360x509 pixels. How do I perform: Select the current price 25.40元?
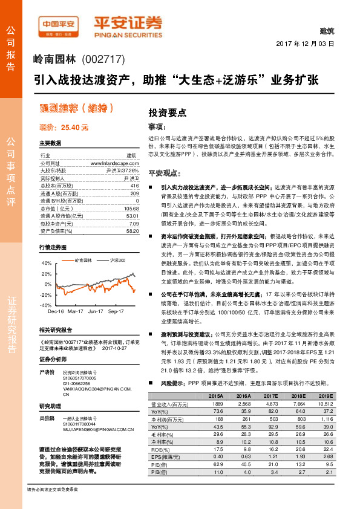(x=64, y=128)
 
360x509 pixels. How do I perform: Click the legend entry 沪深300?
(x=118, y=260)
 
